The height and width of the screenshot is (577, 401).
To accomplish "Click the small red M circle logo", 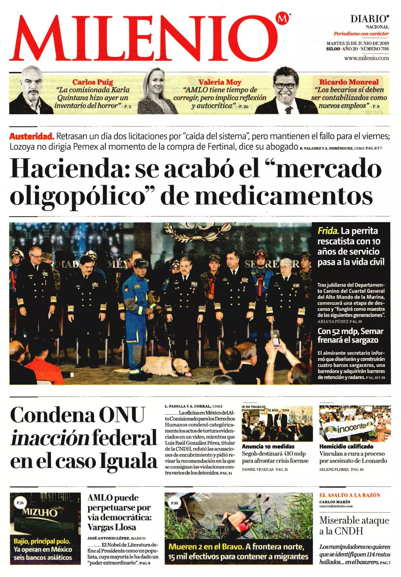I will (283, 19).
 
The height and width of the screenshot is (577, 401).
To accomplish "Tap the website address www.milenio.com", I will (367, 58).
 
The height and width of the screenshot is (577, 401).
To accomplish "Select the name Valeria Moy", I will (220, 82).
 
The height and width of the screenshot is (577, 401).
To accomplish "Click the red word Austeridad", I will (31, 136).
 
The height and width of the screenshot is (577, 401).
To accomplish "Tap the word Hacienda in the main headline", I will (70, 169).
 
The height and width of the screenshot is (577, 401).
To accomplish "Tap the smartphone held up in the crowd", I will (275, 338).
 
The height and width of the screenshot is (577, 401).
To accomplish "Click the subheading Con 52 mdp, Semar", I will (350, 331).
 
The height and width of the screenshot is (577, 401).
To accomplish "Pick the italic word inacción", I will (50, 438).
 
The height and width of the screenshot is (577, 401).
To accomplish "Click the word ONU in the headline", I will (122, 415).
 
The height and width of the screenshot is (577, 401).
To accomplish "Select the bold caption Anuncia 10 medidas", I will (268, 447).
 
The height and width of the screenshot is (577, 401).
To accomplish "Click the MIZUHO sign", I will (40, 512).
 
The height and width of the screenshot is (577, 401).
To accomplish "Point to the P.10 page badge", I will (174, 503).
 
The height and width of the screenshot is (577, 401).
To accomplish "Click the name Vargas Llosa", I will (112, 527).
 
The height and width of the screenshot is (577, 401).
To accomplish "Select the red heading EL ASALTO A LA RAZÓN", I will (350, 495).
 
